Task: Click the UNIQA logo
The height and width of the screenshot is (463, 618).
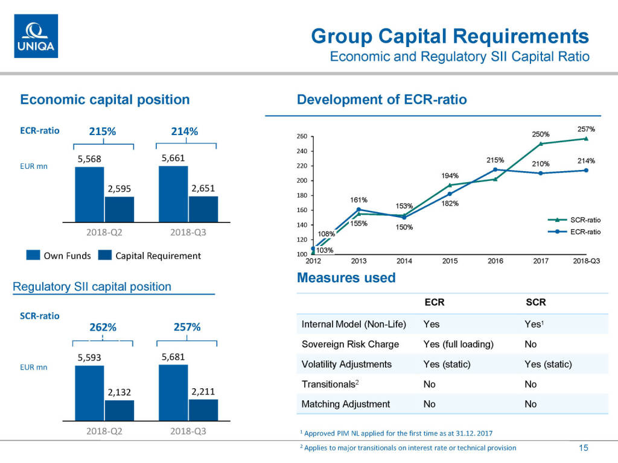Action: point(36,36)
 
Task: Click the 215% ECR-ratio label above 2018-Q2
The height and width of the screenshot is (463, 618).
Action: point(103,131)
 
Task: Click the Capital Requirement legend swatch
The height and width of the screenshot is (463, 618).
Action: point(105,256)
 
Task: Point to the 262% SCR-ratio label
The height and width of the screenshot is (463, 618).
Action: point(103,327)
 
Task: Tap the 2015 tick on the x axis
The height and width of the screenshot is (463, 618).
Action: point(450,260)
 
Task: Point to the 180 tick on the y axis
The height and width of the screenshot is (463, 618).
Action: point(302,195)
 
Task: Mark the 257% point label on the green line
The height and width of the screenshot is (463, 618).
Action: point(586,129)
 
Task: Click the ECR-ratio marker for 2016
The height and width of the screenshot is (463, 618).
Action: point(495,170)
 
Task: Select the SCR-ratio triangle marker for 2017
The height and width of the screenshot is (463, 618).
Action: point(541,143)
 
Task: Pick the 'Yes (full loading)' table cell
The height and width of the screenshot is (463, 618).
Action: point(458,344)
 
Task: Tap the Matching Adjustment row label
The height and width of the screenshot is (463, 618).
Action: point(345,404)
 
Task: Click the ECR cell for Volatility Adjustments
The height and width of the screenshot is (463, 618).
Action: point(447,364)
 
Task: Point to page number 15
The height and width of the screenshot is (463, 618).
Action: point(583,447)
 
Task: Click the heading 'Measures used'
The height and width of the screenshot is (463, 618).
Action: point(346,278)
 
